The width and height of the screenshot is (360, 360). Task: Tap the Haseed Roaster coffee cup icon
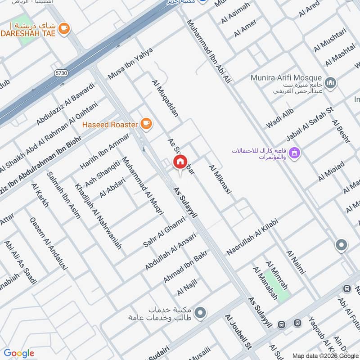point(146,123)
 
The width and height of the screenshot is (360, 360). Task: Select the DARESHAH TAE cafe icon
point(65,28)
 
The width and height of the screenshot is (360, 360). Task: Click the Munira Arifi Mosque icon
point(331,83)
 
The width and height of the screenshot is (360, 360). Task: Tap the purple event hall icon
point(295,153)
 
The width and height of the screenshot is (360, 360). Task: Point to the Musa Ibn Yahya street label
point(130,63)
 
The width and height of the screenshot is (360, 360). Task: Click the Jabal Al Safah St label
point(310,124)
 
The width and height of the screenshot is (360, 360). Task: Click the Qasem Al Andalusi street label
point(48,243)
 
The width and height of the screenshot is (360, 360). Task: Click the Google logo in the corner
point(19,353)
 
